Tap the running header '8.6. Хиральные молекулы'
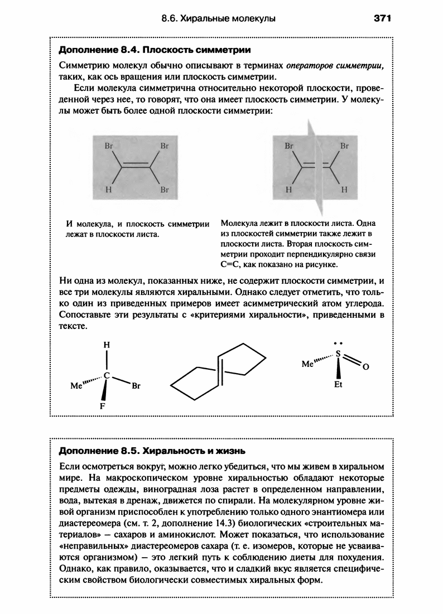tap(218, 18)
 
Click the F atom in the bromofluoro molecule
tap(102, 407)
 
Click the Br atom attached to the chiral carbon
tap(136, 385)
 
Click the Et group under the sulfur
tap(338, 385)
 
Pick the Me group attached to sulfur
tap(307, 364)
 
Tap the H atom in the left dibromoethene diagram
tap(108, 189)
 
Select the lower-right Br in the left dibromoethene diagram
tap(165, 189)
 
